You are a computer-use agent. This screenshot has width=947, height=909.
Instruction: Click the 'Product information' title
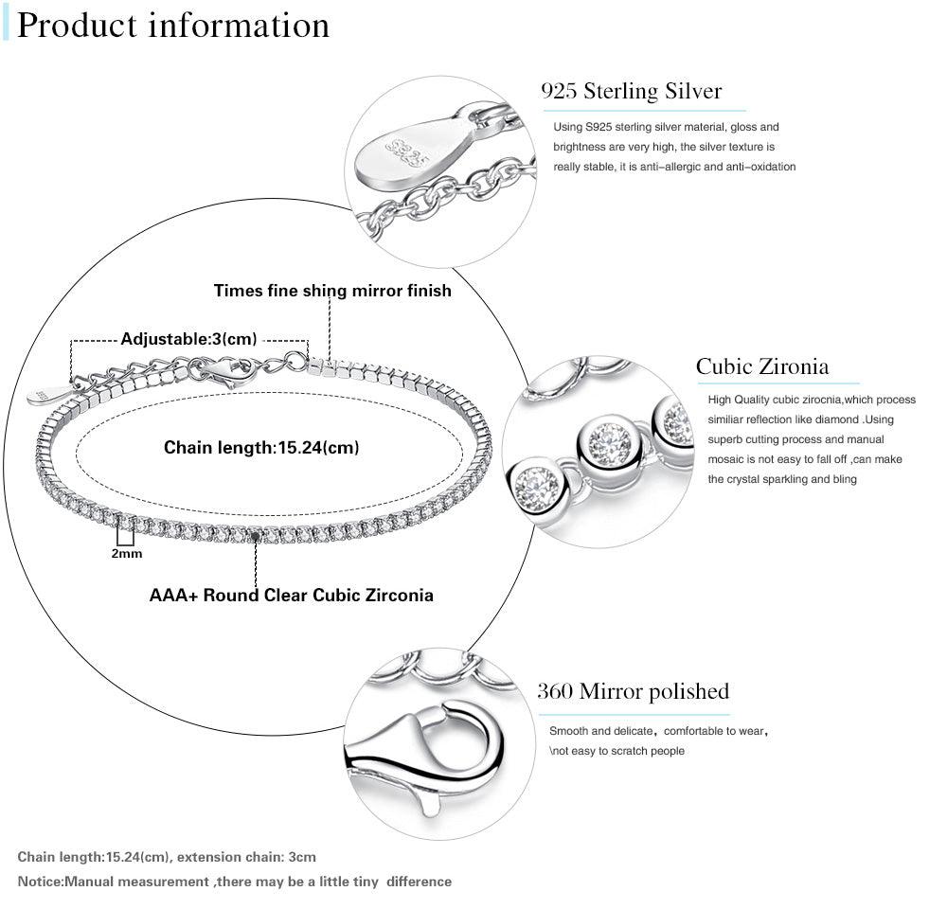pos(173,26)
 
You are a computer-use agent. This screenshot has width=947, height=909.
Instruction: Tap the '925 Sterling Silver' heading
pos(631,91)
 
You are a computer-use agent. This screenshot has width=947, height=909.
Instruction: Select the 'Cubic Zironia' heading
pos(762,366)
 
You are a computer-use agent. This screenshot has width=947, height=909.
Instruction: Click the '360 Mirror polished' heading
pos(633,691)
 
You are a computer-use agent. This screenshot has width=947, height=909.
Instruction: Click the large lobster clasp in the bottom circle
pos(426,748)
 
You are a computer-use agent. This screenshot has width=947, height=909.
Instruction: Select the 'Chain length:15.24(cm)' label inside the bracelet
pos(261,447)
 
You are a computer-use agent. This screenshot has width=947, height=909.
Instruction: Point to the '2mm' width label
pos(126,553)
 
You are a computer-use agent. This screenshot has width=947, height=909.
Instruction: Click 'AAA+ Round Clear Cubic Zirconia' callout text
pos(292,596)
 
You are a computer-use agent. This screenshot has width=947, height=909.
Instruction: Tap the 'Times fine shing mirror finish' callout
pos(332,291)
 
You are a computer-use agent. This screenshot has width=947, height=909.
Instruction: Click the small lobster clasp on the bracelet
pos(228,370)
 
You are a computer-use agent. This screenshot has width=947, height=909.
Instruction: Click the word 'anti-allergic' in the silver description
pos(676,167)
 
